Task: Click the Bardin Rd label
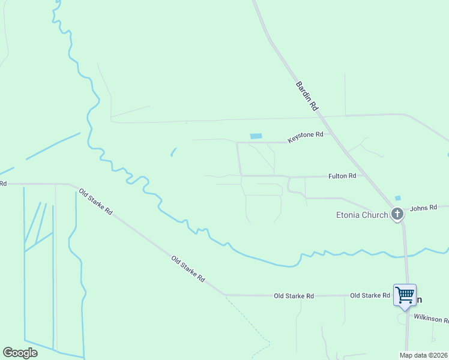tap(306, 96)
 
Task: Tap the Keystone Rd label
tap(306, 137)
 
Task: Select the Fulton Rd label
tap(342, 176)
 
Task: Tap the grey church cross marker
tap(397, 214)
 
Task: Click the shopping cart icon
tap(405, 295)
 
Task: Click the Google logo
tap(20, 352)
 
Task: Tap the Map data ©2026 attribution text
tap(423, 355)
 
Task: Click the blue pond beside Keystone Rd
tap(256, 136)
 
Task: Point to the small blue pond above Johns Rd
tap(397, 198)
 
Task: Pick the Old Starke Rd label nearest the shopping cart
tap(370, 296)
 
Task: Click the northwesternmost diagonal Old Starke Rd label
tap(95, 202)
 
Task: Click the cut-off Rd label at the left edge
tap(3, 184)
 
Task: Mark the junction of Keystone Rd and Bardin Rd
tap(330, 134)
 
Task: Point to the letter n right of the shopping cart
tap(419, 299)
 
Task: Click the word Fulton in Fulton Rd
tap(338, 176)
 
